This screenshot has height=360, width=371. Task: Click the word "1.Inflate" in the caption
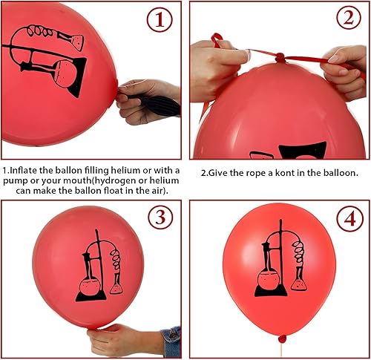point(22,171)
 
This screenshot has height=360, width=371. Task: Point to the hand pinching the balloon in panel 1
point(148,100)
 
